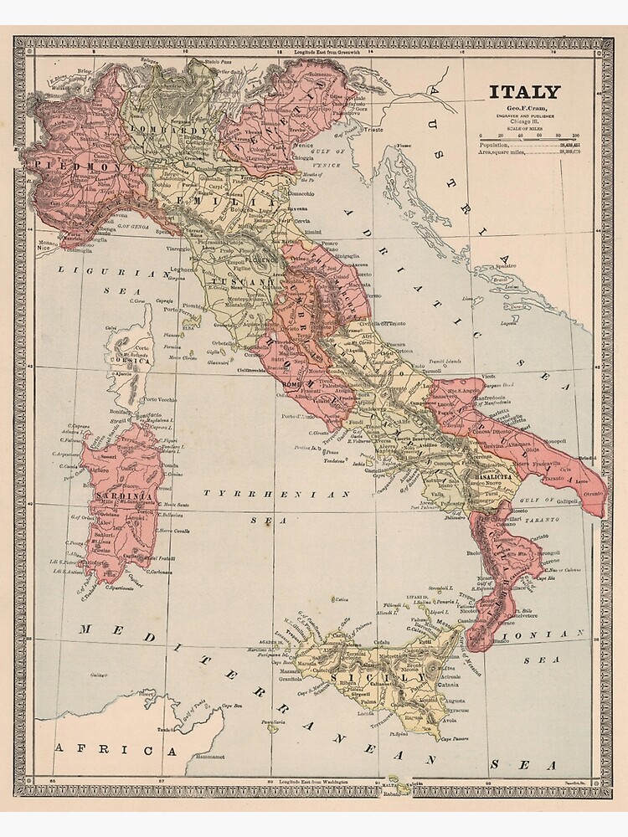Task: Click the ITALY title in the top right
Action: [x=525, y=92]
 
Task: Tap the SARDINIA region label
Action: [x=123, y=497]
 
